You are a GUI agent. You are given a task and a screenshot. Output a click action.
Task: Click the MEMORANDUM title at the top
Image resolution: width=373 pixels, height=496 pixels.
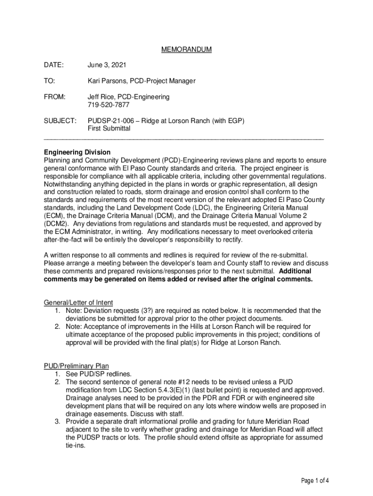[x=186, y=50]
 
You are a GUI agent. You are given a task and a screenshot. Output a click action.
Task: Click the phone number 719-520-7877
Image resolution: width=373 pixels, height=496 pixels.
[x=109, y=105]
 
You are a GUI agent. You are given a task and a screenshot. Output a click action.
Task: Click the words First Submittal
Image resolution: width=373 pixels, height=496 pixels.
[x=109, y=128]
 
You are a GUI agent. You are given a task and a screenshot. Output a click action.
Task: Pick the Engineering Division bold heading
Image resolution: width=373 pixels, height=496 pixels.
[x=77, y=152]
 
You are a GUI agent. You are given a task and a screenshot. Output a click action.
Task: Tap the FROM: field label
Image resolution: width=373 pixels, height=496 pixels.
[x=54, y=97]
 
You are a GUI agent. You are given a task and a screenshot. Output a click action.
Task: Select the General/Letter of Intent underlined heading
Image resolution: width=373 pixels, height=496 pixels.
[x=78, y=303]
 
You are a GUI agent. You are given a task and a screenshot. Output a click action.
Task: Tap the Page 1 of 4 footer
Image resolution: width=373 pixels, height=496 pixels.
[x=315, y=481]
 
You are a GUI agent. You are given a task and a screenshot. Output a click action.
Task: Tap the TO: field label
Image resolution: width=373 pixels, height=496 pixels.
[x=49, y=81]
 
